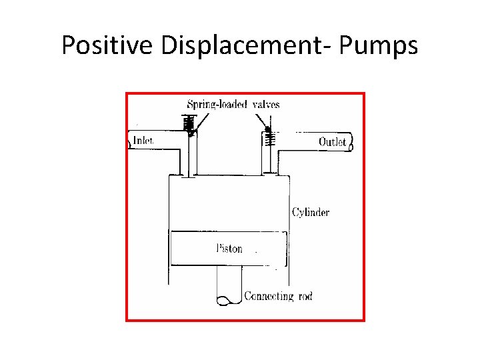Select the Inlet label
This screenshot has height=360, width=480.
[143, 141]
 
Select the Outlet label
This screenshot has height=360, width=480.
[332, 141]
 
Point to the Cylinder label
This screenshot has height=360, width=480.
[311, 213]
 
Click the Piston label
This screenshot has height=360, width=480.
[230, 249]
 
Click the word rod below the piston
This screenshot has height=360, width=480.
[304, 295]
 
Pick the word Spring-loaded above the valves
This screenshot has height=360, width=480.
[213, 104]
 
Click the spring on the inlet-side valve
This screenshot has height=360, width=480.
[189, 123]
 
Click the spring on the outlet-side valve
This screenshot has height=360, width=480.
[269, 138]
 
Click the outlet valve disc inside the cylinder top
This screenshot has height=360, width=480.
[269, 175]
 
